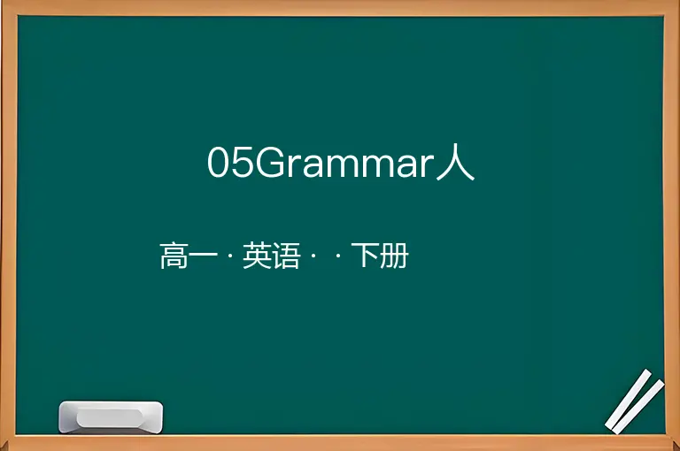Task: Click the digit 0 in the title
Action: click(218, 162)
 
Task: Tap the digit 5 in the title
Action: click(242, 162)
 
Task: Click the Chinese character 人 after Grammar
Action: click(455, 162)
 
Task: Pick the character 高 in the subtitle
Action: click(174, 256)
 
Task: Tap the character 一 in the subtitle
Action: click(203, 256)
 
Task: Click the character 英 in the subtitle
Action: click(257, 256)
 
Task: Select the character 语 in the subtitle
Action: click(286, 256)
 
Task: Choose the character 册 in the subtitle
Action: click(394, 256)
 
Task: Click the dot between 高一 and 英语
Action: click(230, 256)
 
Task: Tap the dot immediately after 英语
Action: click(313, 256)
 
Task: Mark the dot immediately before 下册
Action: click(338, 256)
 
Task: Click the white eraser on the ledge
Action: click(111, 417)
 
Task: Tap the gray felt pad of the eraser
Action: click(110, 418)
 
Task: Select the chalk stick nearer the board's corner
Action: click(638, 407)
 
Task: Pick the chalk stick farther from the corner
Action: click(628, 399)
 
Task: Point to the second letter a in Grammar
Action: click(408, 165)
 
